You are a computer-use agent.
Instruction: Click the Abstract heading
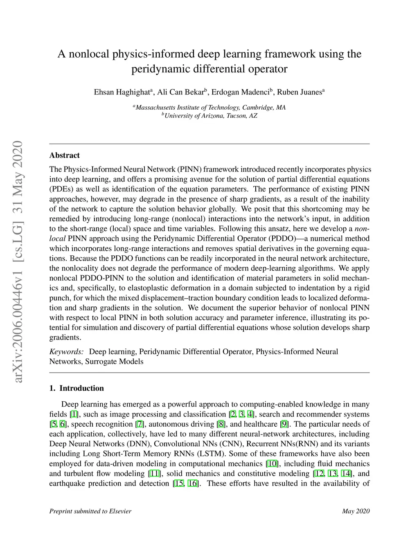64,155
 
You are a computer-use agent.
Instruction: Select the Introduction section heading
81,388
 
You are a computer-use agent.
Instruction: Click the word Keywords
66,352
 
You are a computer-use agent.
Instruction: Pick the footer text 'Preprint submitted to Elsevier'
90,511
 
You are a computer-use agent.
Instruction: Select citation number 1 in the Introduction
74,414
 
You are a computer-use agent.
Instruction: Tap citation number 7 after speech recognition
140,424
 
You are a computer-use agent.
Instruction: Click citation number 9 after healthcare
284,424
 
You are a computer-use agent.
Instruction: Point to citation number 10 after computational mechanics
272,464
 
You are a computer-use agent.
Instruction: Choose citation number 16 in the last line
192,484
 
